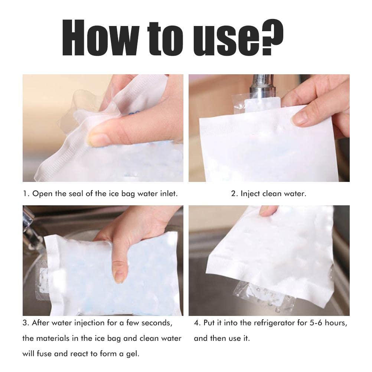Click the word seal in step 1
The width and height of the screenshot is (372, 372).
[x=79, y=194]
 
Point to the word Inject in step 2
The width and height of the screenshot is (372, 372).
[x=250, y=194]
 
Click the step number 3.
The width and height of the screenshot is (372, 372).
[x=25, y=323]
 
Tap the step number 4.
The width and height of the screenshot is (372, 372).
[x=196, y=323]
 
